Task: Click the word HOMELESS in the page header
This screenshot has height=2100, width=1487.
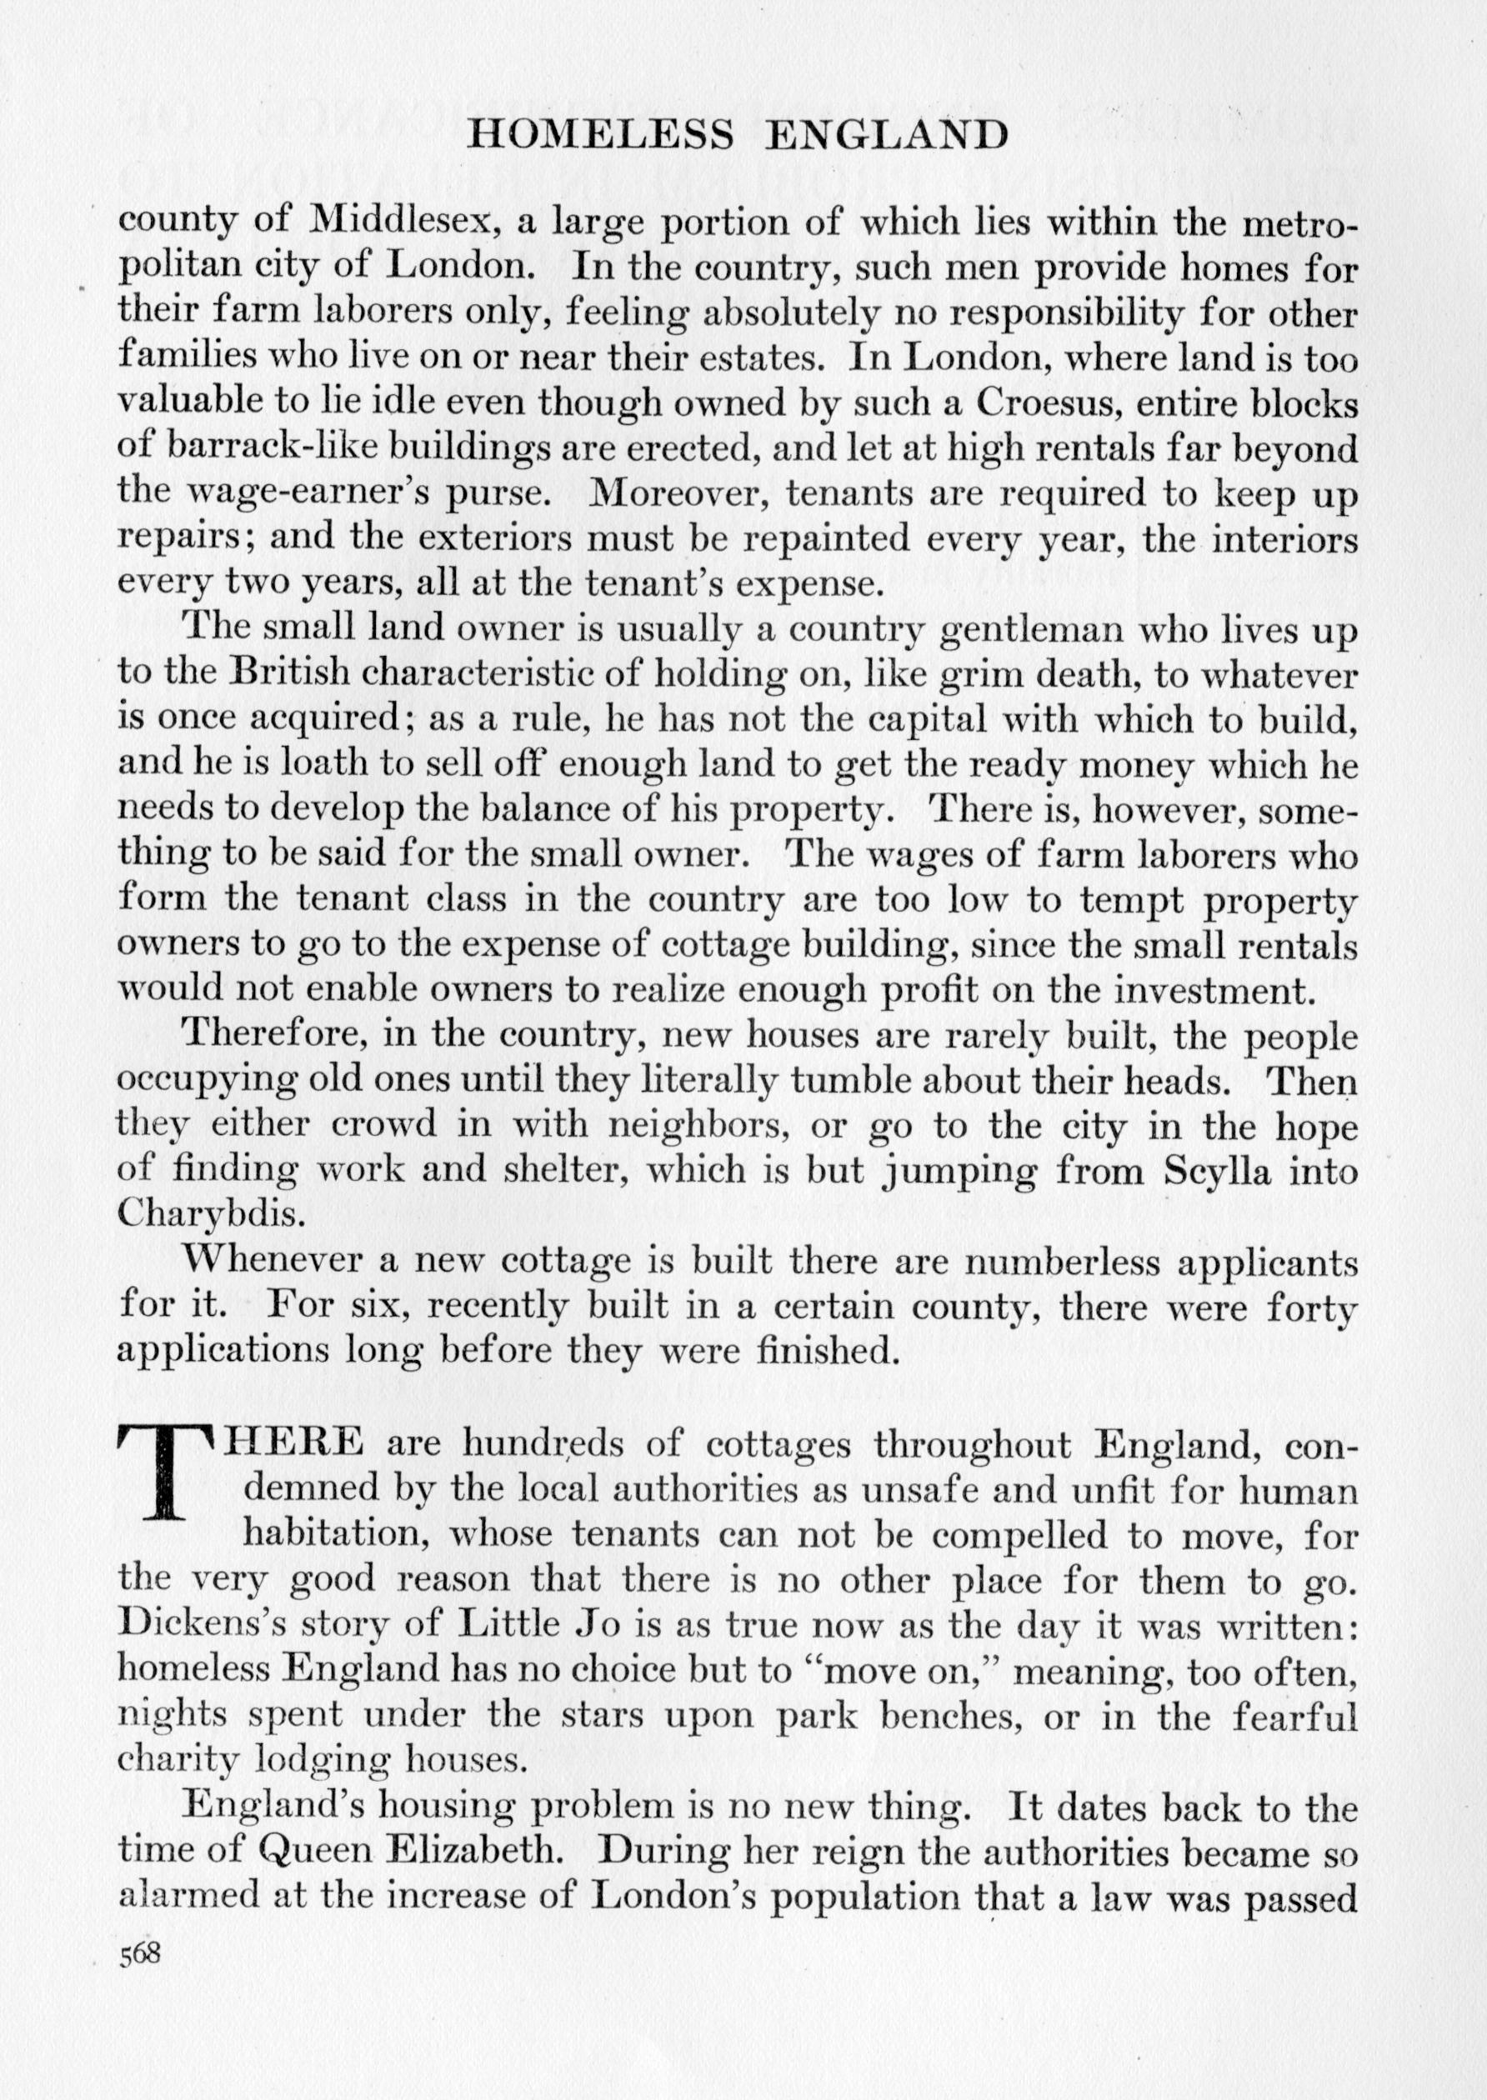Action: pos(600,136)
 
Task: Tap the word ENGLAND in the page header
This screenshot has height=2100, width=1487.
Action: pos(887,136)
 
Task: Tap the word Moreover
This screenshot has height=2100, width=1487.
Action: pos(675,493)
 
